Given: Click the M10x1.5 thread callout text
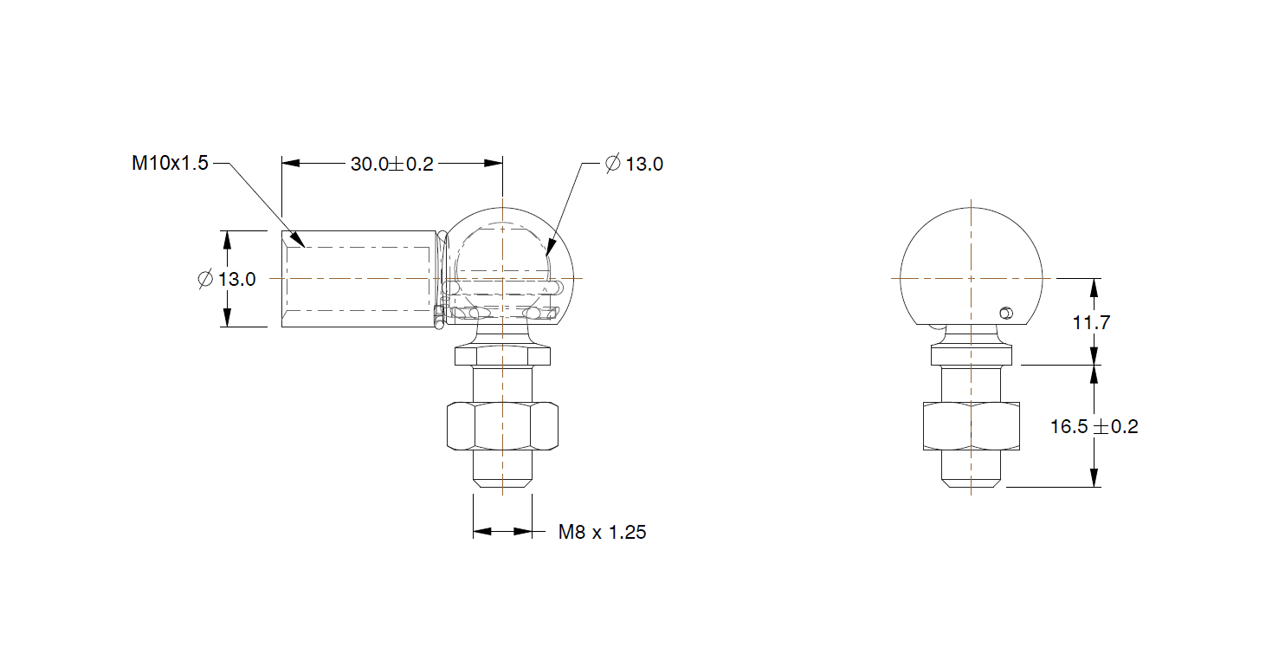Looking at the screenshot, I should tap(170, 163).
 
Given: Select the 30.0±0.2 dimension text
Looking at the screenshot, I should tap(391, 164).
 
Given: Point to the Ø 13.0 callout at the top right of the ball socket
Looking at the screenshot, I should tap(634, 164).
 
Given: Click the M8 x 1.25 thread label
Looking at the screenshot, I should tap(602, 532).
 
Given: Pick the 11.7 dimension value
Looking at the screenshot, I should tap(1091, 323).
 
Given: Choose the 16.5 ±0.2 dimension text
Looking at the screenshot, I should tap(1094, 426).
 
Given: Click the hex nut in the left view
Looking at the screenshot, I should tap(502, 425).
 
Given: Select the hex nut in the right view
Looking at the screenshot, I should tap(971, 426).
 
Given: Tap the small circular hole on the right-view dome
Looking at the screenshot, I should tap(1004, 312).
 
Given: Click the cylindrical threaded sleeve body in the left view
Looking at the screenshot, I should tap(358, 279).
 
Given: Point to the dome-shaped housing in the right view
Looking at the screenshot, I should tap(970, 260).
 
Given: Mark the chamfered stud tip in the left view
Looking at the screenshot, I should tap(502, 481).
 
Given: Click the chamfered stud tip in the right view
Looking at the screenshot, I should tap(971, 482).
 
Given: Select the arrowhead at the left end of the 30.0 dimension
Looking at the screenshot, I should tap(290, 163).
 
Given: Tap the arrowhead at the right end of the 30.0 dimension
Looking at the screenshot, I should tap(494, 163).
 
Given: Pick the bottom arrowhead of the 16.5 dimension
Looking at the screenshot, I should tap(1095, 478).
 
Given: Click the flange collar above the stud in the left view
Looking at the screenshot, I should tap(502, 355).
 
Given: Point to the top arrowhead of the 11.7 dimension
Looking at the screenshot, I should tap(1095, 287).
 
